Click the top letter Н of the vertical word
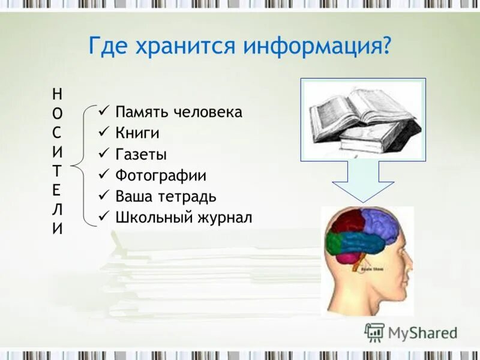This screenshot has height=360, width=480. pyautogui.click(x=56, y=93)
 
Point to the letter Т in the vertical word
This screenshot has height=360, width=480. pyautogui.click(x=56, y=170)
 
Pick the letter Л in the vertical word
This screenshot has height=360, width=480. pyautogui.click(x=56, y=209)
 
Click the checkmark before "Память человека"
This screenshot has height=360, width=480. pyautogui.click(x=103, y=112)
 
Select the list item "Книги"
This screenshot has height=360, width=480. pyautogui.click(x=137, y=133)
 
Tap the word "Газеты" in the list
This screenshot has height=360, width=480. pyautogui.click(x=141, y=154)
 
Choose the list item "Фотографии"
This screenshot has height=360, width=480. pyautogui.click(x=161, y=176)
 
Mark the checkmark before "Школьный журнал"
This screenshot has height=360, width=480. pyautogui.click(x=103, y=217)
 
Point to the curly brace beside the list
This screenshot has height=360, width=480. pyautogui.click(x=83, y=164)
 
